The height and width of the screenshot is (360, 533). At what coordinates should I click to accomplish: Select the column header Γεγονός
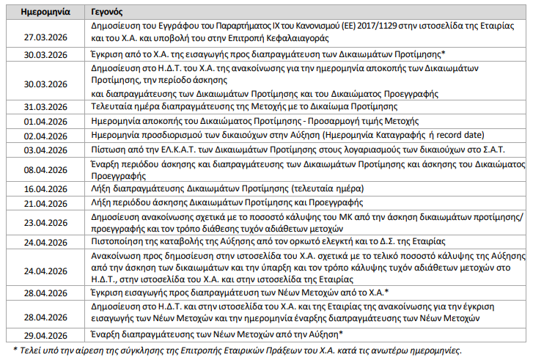click(x=107, y=12)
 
